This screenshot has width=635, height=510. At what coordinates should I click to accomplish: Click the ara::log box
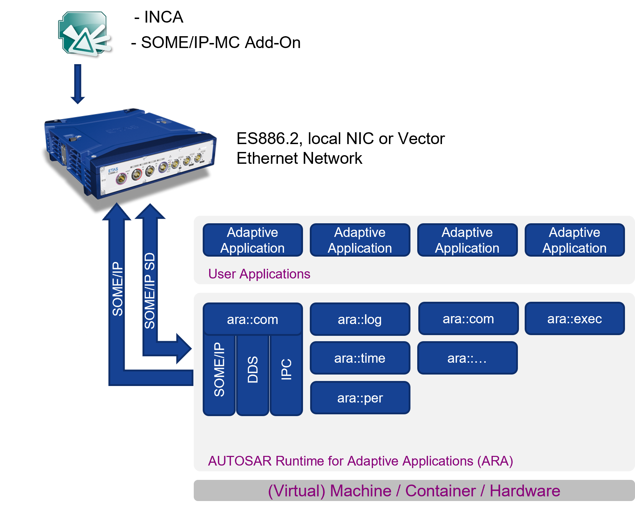360,319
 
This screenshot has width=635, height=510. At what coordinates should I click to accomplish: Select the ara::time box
360,358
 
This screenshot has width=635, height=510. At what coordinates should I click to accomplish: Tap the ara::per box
360,398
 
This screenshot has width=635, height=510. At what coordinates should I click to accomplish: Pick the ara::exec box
574,319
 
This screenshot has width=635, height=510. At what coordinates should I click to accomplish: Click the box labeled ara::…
467,358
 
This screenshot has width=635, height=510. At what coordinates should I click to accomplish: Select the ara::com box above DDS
252,319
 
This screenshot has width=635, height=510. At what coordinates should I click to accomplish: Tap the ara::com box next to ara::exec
468,319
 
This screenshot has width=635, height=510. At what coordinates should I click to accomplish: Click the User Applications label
259,274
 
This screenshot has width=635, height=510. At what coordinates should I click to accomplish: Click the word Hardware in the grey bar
525,491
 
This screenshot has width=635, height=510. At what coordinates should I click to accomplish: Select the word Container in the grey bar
440,491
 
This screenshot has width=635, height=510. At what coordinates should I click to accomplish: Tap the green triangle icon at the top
85,34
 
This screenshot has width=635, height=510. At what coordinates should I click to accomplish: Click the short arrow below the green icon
78,84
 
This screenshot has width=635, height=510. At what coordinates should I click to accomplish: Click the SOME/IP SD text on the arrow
150,290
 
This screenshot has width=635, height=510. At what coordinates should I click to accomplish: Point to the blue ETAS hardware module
131,152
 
